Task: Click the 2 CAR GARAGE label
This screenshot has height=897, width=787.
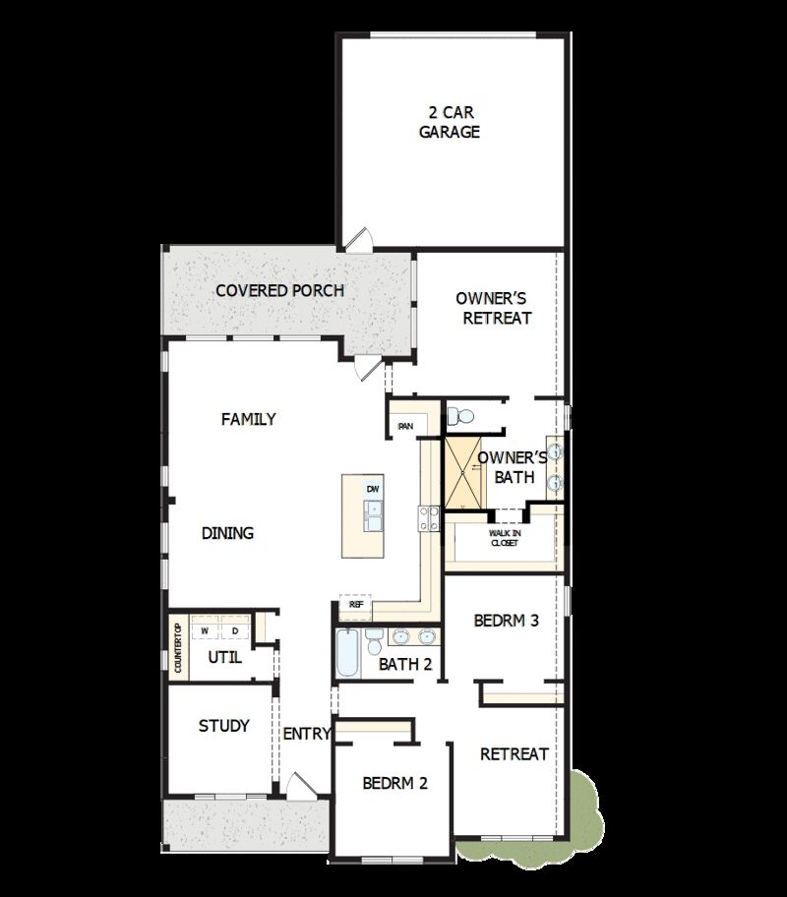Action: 450,122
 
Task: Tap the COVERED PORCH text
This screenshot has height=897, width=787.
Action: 280,290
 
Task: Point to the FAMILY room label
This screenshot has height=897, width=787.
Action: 248,419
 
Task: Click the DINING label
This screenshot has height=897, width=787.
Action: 227,533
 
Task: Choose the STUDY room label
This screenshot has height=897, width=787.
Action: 223,726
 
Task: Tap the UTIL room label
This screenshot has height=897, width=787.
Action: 224,658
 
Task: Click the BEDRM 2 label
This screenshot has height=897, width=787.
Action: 394,783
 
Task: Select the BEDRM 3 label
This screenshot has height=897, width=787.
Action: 506,621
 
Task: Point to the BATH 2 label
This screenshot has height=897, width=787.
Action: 405,664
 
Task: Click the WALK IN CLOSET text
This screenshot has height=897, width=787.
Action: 505,537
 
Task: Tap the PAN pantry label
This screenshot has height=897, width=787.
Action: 405,426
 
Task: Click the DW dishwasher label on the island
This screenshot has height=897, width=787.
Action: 372,489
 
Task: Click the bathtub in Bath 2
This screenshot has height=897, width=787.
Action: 348,654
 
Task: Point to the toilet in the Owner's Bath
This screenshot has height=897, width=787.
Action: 458,416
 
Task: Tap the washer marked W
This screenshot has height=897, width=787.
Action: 206,630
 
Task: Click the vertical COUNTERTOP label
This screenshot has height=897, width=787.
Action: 178,648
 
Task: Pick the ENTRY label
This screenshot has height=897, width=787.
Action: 306,734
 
